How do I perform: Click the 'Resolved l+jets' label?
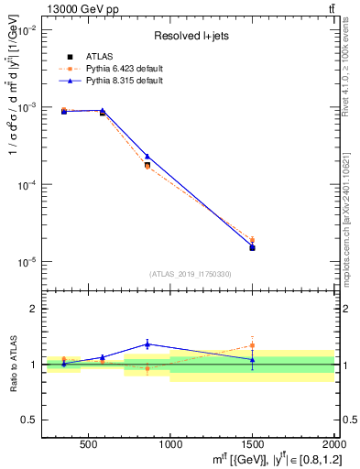coord(187,37)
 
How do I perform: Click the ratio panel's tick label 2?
coord(34,309)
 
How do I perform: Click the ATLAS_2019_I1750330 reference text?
coord(189,274)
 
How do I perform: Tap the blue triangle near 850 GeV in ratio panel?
coord(147,344)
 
